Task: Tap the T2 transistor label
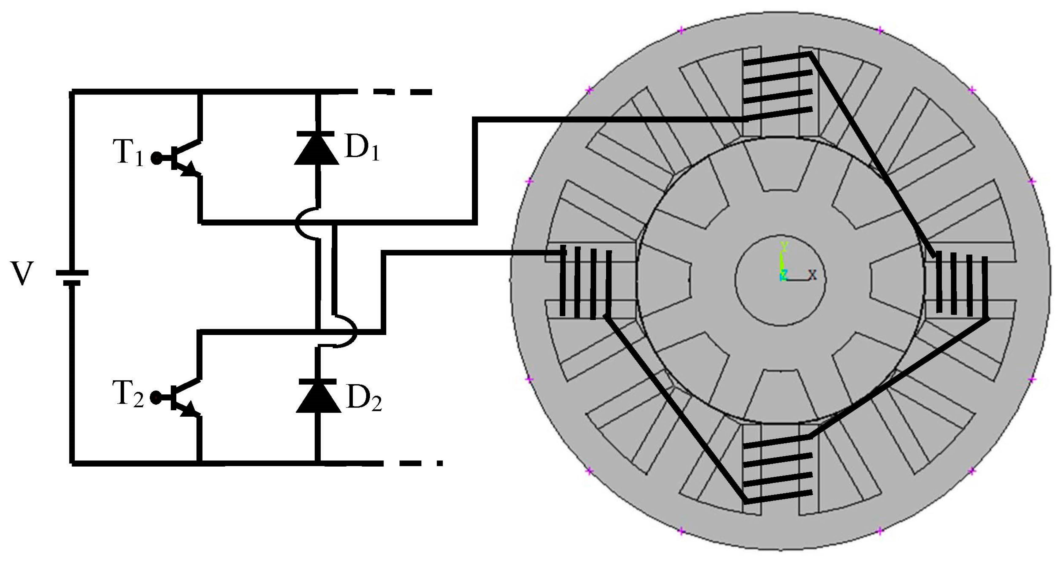pyautogui.click(x=128, y=395)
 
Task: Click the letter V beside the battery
pyautogui.click(x=21, y=274)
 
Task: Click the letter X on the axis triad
pyautogui.click(x=812, y=275)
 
